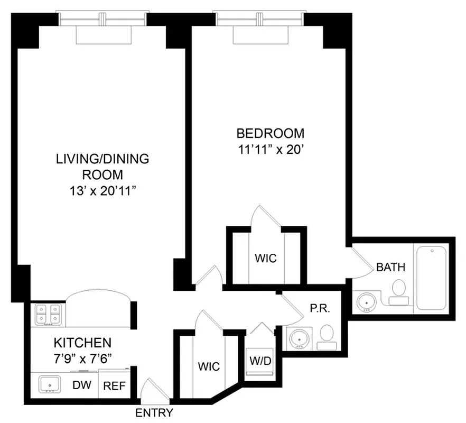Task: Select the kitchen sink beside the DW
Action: pos(51,385)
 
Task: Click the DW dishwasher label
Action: pos(80,385)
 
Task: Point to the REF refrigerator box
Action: pos(115,385)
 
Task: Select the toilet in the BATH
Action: pos(399,292)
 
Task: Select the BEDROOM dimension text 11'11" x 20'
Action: pos(270,149)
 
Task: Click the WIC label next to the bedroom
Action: pos(266,259)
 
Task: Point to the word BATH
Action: pos(390,267)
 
